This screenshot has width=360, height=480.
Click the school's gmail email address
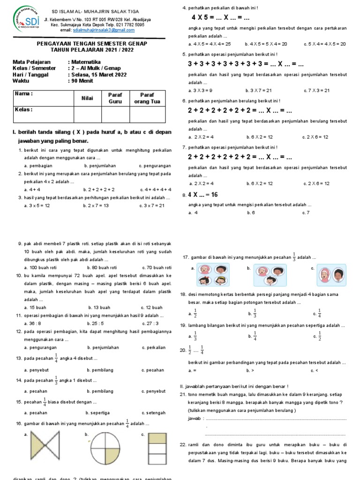[104, 30]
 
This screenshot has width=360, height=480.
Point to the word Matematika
[86, 61]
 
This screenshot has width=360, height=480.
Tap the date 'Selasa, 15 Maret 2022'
[98, 75]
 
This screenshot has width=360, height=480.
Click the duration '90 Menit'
[82, 81]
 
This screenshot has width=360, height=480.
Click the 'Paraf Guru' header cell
[115, 97]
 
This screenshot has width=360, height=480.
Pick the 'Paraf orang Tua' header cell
[147, 97]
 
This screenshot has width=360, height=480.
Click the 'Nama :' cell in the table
[43, 94]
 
